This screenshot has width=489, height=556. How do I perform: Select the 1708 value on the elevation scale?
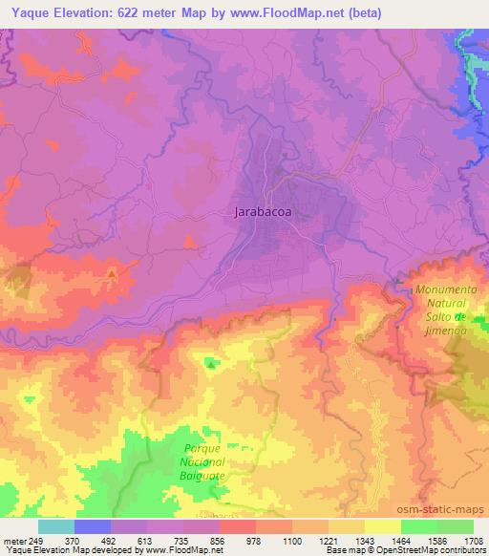(473, 541)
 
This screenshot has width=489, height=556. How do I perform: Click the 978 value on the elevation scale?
(255, 541)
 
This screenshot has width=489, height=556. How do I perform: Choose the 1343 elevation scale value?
(364, 541)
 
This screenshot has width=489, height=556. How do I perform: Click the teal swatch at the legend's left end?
(56, 526)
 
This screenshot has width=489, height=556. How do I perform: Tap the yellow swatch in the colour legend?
(382, 526)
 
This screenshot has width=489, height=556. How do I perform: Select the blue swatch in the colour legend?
(93, 526)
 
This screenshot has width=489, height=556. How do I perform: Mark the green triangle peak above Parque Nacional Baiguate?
(210, 362)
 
